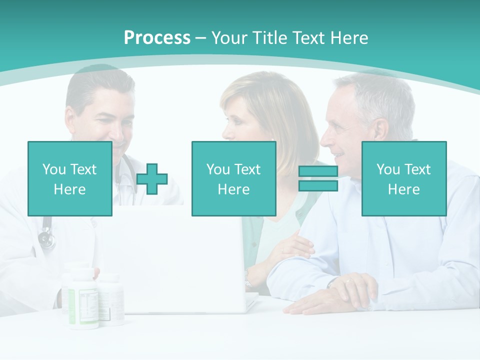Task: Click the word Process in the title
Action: [x=157, y=38]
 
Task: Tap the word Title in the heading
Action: [x=268, y=38]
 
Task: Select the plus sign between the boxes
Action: [x=152, y=179]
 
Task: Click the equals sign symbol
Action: [x=318, y=178]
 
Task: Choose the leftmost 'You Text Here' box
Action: [x=70, y=178]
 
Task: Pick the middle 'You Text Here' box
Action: [x=233, y=178]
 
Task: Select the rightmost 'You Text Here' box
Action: [x=403, y=178]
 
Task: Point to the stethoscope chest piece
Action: [x=46, y=239]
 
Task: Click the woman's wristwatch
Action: [x=248, y=278]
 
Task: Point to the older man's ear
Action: [x=381, y=131]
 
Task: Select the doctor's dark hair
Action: [x=97, y=85]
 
